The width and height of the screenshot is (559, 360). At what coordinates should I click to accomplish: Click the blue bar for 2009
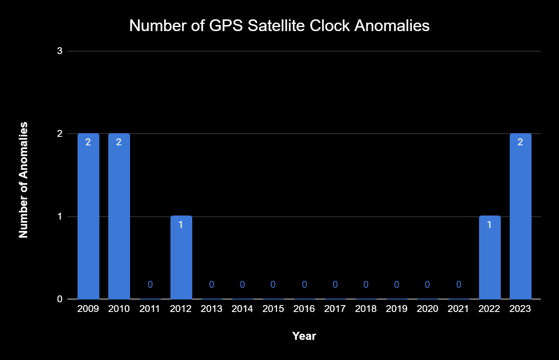[x=88, y=216]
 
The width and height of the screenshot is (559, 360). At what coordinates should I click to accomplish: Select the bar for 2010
[x=119, y=216]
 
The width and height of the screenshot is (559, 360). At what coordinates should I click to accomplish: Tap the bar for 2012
[x=181, y=257]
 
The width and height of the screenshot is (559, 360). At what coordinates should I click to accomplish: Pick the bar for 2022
[x=490, y=257]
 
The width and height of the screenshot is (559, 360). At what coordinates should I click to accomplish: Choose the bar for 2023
[x=521, y=216]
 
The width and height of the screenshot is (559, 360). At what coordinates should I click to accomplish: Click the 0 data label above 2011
[x=150, y=285]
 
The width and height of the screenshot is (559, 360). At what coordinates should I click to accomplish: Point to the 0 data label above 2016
[x=305, y=285]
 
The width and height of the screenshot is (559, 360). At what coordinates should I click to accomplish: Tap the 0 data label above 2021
[x=459, y=285]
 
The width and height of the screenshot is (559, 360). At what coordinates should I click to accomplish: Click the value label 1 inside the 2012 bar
[x=181, y=225]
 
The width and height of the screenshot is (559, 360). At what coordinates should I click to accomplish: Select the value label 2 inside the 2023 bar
[x=520, y=142]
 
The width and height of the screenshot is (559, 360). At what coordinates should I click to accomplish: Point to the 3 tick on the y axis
[x=60, y=51]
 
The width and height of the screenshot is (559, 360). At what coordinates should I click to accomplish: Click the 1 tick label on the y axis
[x=59, y=216]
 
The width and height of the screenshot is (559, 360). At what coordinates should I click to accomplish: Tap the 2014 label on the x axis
[x=242, y=309]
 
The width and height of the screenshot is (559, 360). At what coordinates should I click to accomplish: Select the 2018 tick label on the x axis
[x=366, y=309]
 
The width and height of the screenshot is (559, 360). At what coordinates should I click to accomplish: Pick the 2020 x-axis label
[x=427, y=309]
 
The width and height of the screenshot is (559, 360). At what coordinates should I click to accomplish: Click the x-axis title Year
[x=304, y=336]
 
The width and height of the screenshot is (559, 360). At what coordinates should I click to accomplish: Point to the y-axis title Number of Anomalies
[x=23, y=180]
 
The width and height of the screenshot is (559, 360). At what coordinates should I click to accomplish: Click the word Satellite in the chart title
[x=276, y=26]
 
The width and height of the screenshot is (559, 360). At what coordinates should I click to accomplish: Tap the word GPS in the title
[x=226, y=26]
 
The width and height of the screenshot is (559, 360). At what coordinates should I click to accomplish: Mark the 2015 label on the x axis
[x=273, y=309]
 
